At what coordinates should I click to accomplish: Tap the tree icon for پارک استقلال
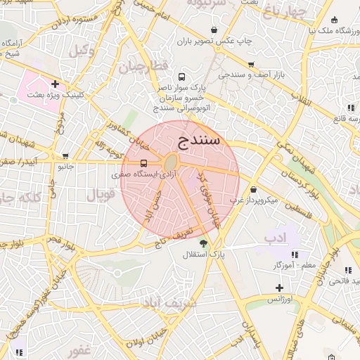pyautogui.click(x=204, y=244)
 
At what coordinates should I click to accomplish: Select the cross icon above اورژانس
pyautogui.click(x=279, y=288)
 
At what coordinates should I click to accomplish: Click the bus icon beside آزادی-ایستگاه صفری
pyautogui.click(x=144, y=163)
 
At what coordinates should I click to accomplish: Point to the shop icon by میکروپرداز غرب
pyautogui.click(x=253, y=190)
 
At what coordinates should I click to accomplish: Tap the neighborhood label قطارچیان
pyautogui.click(x=144, y=67)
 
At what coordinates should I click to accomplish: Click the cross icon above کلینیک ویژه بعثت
pyautogui.click(x=55, y=84)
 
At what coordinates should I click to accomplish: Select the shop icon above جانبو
pyautogui.click(x=65, y=156)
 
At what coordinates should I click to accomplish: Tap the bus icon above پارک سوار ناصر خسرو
pyautogui.click(x=182, y=77)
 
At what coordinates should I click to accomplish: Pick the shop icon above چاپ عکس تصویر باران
pyautogui.click(x=214, y=30)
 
